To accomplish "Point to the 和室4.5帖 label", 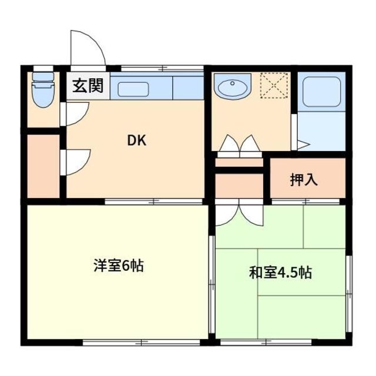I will tap(280, 273).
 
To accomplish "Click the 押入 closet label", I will tap(304, 180).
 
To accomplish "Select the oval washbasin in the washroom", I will tap(233, 88).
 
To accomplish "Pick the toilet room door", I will tap(75, 113).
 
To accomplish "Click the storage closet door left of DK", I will tap(75, 162).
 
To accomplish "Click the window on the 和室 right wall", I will tap(348, 276).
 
